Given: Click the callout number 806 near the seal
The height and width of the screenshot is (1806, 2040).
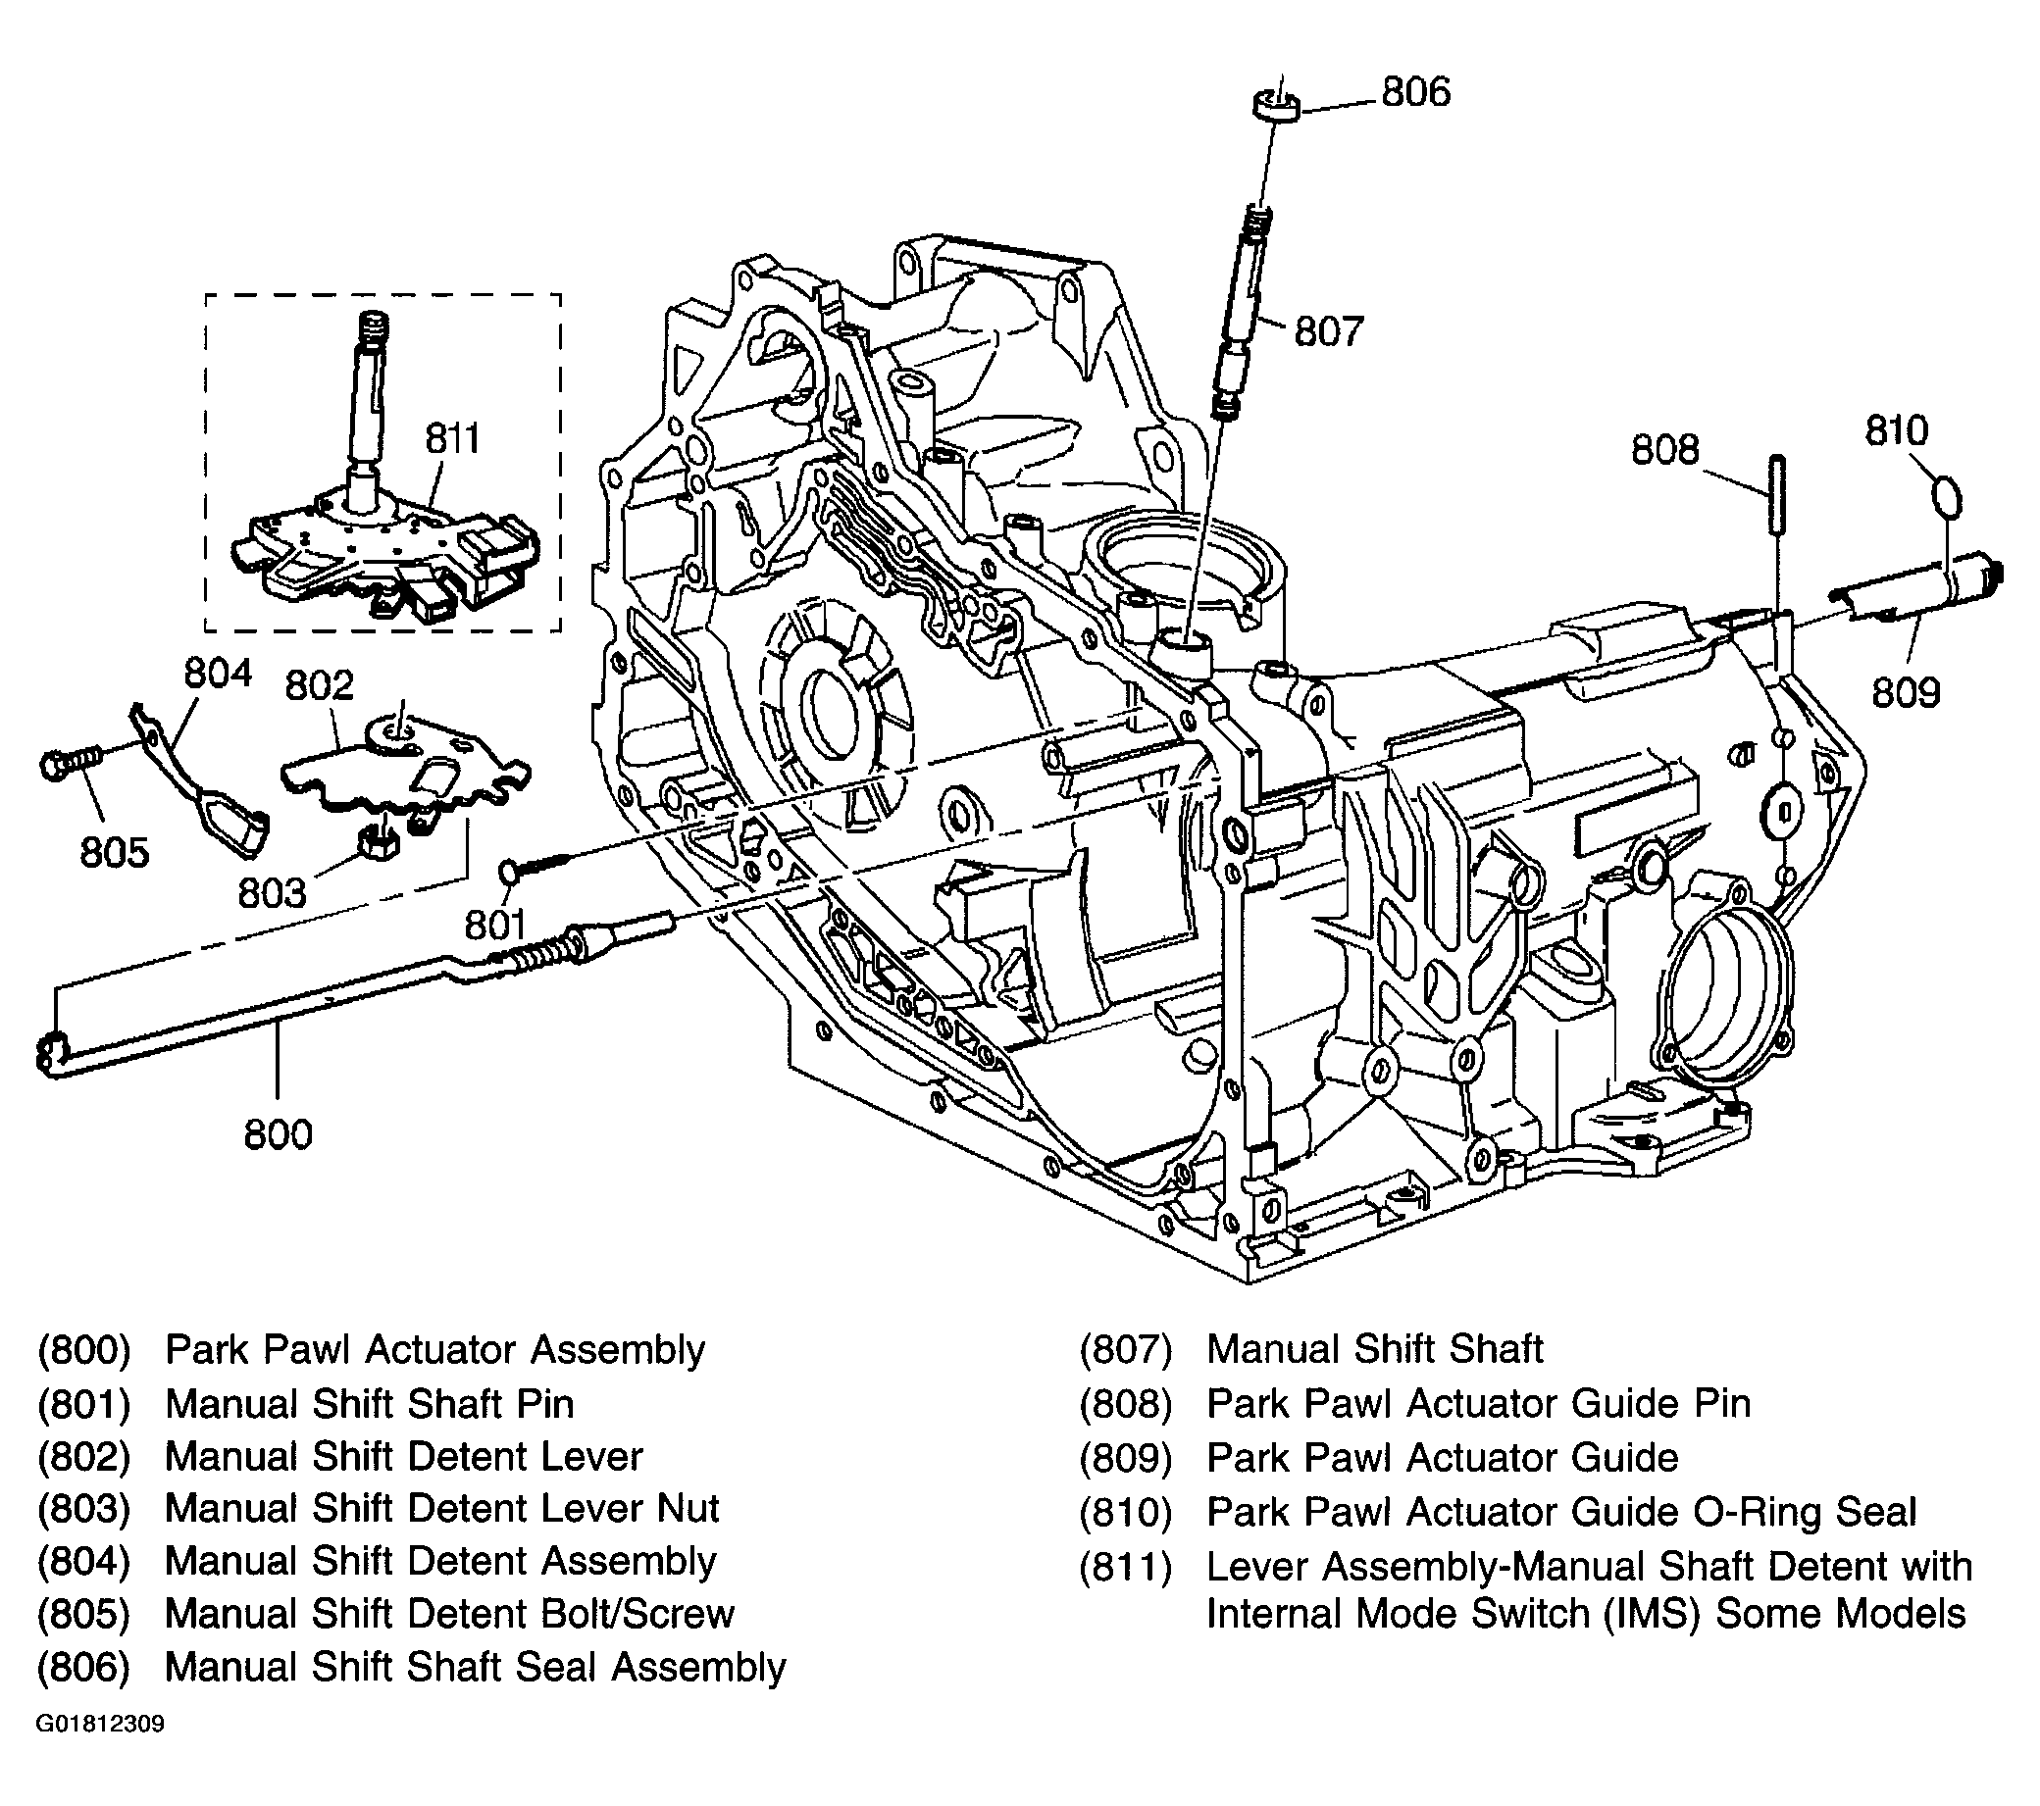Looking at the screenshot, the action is click(x=1415, y=92).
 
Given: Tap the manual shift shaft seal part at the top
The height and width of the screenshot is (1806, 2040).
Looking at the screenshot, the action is click(x=1276, y=105).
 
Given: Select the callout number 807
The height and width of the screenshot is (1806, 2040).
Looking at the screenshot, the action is click(x=1327, y=330).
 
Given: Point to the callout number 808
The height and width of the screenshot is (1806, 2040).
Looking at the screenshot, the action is click(x=1663, y=450).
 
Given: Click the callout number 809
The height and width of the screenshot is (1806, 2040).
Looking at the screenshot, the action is click(x=1905, y=691).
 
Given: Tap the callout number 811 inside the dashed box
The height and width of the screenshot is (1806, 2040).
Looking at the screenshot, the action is click(x=453, y=438).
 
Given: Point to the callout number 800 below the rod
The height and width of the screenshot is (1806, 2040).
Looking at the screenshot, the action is click(x=278, y=1134).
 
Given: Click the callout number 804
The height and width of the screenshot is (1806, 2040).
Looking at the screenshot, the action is click(x=218, y=674).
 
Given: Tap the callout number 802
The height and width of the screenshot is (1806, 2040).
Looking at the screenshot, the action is click(x=320, y=685).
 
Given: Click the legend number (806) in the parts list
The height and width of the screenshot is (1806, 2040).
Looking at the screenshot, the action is click(x=83, y=1668).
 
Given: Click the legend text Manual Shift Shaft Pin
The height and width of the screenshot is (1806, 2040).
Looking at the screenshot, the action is click(x=370, y=1403).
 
